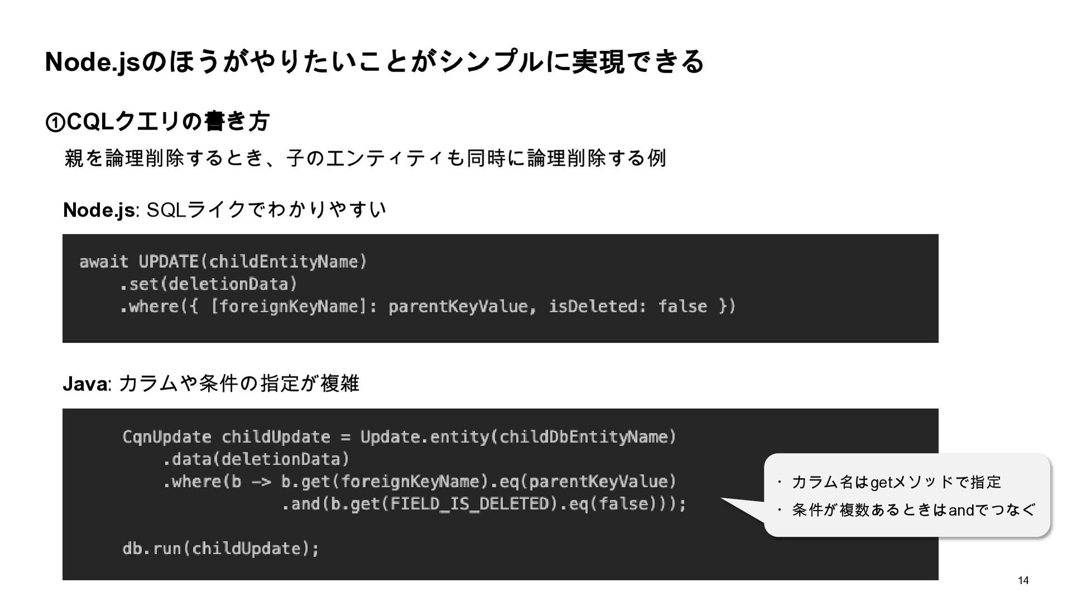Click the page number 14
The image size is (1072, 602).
click(1023, 581)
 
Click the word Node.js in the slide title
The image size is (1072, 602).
click(93, 62)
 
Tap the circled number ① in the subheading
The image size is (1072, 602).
click(55, 122)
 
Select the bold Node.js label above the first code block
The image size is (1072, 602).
click(99, 210)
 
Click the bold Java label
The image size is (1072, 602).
click(85, 384)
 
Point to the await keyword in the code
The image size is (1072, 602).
click(104, 262)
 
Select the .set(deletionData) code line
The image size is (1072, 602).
click(208, 284)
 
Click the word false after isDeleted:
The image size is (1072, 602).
click(682, 306)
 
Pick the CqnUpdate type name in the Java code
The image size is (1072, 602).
click(166, 437)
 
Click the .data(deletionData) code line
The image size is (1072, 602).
click(256, 459)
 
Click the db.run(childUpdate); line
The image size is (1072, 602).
click(221, 548)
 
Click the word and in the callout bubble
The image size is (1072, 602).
click(961, 510)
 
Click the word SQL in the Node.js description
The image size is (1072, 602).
click(165, 210)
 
